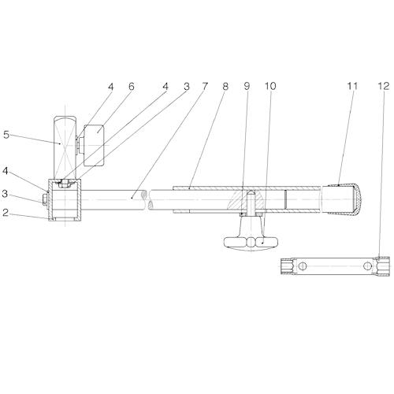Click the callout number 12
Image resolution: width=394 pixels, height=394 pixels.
pyautogui.click(x=384, y=86)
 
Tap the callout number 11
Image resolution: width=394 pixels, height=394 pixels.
pyautogui.click(x=353, y=86)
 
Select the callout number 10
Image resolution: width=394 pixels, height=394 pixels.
pyautogui.click(x=270, y=86)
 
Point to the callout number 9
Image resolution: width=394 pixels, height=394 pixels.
pyautogui.click(x=247, y=86)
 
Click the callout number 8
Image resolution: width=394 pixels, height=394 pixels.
pyautogui.click(x=225, y=86)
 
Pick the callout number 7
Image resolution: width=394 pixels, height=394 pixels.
pyautogui.click(x=205, y=86)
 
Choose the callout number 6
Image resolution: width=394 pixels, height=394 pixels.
pyautogui.click(x=132, y=87)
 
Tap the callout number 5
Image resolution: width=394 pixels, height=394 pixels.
pyautogui.click(x=6, y=135)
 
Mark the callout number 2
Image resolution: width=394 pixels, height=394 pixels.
pyautogui.click(x=6, y=213)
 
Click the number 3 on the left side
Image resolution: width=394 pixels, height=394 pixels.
pyautogui.click(x=6, y=194)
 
